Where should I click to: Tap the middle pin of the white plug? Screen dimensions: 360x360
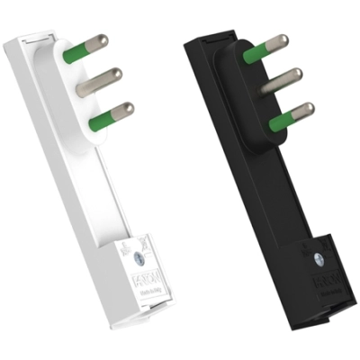coord(99,82)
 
